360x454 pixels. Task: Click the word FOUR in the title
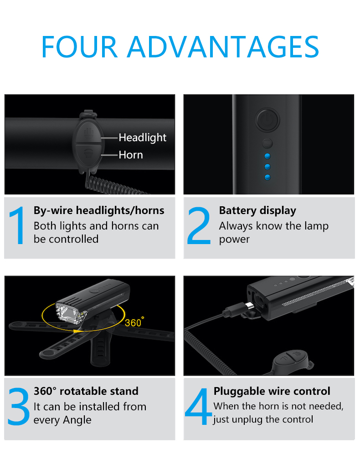point(79,46)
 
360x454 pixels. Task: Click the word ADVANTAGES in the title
point(223,46)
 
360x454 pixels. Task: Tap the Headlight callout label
point(142,138)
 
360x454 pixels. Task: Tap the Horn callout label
point(131,155)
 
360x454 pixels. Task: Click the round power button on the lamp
point(267,120)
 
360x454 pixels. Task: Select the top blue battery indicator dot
point(267,156)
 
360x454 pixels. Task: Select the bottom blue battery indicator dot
point(267,177)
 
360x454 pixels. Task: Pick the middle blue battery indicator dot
point(267,167)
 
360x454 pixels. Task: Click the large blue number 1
point(17,225)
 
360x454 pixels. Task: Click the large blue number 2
point(199,225)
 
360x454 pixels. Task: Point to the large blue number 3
point(19,407)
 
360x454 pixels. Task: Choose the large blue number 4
point(199,406)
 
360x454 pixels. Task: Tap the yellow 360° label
point(134,322)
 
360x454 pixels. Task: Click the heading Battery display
point(257,210)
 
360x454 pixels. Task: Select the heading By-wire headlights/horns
point(99,210)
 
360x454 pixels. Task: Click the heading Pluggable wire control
point(272,391)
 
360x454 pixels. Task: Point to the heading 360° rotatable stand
point(86,391)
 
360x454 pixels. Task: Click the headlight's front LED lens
point(69,313)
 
